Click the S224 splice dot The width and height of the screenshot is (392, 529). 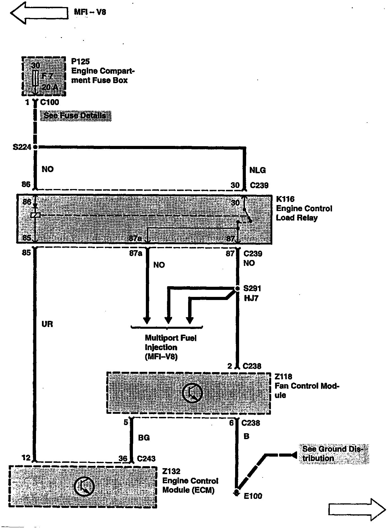tap(35, 147)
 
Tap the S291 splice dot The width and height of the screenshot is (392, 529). tap(237, 288)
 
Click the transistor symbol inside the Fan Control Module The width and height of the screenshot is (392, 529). tap(193, 393)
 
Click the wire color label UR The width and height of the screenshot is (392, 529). tap(47, 324)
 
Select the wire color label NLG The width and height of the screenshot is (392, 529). tap(257, 170)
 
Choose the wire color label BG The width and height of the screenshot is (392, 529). tap(144, 438)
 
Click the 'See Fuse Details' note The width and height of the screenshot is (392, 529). tap(75, 116)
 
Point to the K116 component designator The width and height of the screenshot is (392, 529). tap(285, 199)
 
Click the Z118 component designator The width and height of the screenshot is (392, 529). tap(283, 377)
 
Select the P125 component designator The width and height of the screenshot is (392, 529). tap(80, 61)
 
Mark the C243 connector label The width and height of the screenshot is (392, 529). tap(146, 459)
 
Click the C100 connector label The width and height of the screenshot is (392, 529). tap(50, 102)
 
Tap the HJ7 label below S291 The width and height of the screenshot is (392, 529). tap(251, 298)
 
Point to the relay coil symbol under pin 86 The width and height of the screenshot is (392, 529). tap(35, 215)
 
